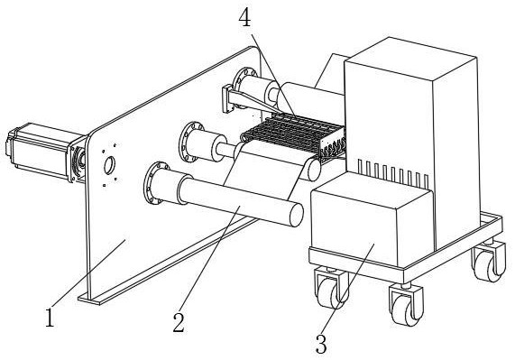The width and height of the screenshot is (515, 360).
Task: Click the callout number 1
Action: pos(50,318)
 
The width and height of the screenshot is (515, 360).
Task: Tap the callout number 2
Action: pos(179,322)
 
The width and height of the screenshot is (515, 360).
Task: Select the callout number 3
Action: pos(321,344)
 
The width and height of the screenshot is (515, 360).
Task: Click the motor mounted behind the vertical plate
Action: pos(43,152)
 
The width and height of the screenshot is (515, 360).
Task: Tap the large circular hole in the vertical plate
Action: pos(109,165)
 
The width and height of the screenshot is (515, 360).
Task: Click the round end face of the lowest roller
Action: pos(296,215)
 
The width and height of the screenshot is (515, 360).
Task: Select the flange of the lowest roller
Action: pos(153,183)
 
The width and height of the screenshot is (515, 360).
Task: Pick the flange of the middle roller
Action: pos(189,142)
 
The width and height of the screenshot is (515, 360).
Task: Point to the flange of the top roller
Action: pos(243,88)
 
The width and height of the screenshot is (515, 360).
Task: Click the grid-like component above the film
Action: pos(293,135)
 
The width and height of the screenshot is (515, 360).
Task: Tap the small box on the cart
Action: pos(371,219)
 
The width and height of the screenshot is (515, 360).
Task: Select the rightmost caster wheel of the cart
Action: pos(490,262)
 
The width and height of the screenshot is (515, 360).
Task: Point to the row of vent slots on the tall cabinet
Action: pos(392,172)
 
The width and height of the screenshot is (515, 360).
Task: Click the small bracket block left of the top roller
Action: pos(226,99)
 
